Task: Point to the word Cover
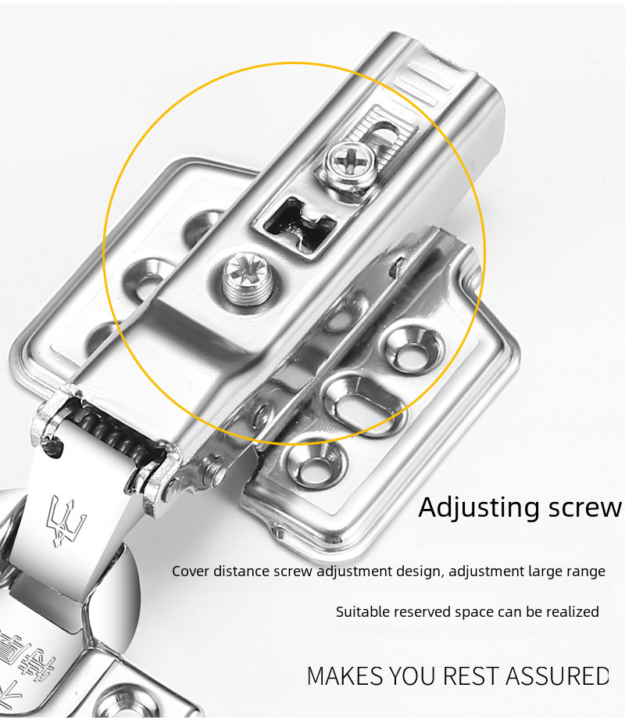click(191, 571)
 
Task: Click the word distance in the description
click(241, 571)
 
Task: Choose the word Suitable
click(362, 612)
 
